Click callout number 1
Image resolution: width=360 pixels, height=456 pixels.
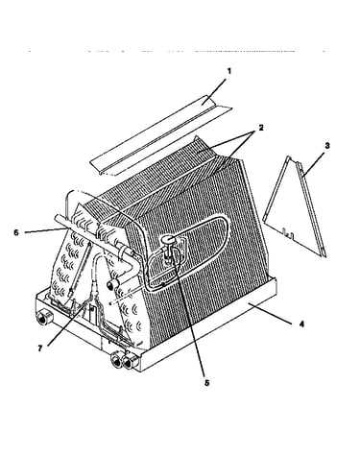click(228, 71)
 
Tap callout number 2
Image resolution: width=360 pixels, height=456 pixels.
click(261, 128)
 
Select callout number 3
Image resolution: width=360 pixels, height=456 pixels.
click(327, 146)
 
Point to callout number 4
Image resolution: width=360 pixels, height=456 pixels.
click(301, 324)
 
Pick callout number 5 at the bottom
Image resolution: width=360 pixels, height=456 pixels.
click(207, 383)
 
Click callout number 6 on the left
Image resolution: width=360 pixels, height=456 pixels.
click(16, 232)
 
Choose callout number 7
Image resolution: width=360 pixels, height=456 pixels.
click(40, 348)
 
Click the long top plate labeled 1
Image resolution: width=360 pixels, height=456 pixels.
click(160, 136)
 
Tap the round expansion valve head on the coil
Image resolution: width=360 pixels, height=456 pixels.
click(169, 239)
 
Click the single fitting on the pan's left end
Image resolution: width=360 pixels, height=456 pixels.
click(42, 318)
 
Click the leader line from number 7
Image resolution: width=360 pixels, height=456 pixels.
click(66, 324)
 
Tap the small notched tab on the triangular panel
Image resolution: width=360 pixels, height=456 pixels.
click(289, 235)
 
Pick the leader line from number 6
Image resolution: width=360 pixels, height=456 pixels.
click(44, 230)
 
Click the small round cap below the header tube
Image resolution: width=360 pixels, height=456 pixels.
click(111, 284)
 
